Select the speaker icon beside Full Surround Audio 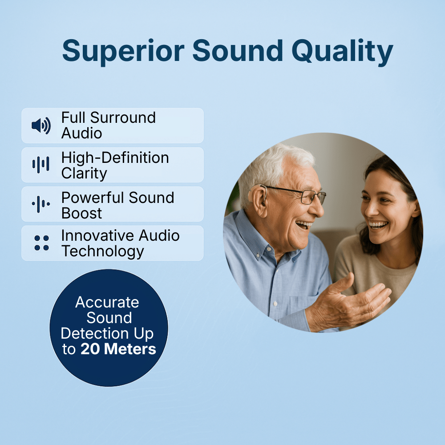41,125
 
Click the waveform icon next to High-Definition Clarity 41,165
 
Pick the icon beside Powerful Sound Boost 41,204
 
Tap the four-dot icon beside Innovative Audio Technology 41,243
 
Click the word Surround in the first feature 123,118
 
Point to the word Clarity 84,173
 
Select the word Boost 81,213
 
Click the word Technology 103,251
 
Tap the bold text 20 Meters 118,349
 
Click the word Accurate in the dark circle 107,303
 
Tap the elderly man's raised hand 352,303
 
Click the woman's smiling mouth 378,225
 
